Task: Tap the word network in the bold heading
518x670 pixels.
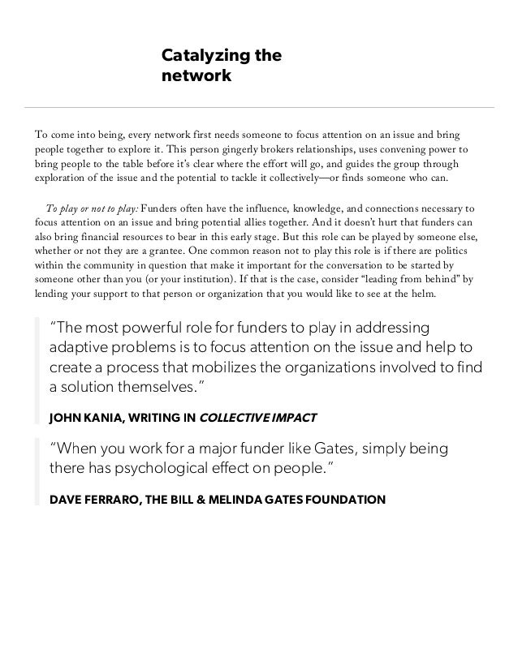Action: click(196, 77)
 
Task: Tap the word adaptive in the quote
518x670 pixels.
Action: click(80, 347)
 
